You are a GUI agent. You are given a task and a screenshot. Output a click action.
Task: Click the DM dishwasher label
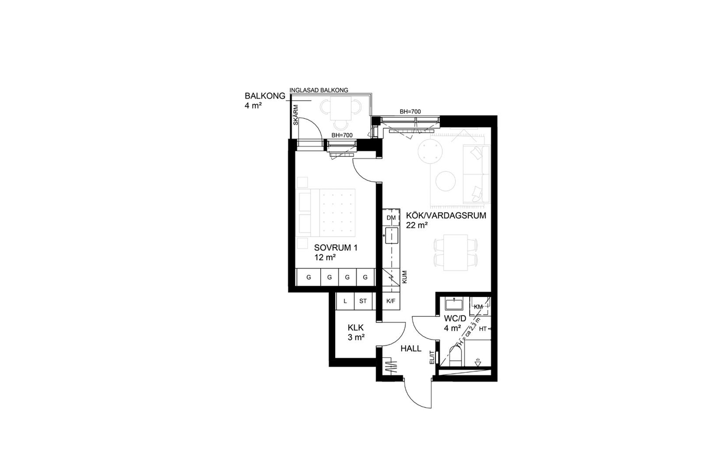pyautogui.click(x=391, y=218)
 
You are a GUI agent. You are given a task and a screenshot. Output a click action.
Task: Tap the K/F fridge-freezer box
pyautogui.click(x=391, y=301)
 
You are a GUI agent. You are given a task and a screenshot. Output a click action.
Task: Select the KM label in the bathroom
pyautogui.click(x=478, y=306)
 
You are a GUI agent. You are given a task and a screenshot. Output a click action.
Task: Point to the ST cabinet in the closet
pyautogui.click(x=363, y=301)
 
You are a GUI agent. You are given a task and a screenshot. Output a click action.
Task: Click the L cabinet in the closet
pyautogui.click(x=345, y=301)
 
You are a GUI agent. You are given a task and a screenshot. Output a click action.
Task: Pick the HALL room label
pyautogui.click(x=411, y=348)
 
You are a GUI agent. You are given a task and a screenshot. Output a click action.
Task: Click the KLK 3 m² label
pyautogui.click(x=356, y=332)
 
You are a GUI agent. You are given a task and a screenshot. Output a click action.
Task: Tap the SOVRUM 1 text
pyautogui.click(x=336, y=248)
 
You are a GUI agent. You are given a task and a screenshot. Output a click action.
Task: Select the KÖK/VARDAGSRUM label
pyautogui.click(x=446, y=215)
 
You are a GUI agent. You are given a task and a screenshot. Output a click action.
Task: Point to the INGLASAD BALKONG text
pyautogui.click(x=319, y=90)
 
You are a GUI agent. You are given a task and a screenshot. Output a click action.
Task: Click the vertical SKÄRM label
pyautogui.click(x=296, y=115)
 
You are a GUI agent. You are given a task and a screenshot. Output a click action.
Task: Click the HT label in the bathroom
pyautogui.click(x=483, y=329)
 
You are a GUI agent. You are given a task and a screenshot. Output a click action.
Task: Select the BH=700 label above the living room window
pyautogui.click(x=410, y=112)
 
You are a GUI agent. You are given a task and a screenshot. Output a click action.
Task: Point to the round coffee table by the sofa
pyautogui.click(x=445, y=181)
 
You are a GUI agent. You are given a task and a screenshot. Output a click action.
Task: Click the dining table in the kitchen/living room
pyautogui.click(x=456, y=253)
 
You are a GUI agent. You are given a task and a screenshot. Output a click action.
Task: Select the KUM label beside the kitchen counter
pyautogui.click(x=404, y=277)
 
